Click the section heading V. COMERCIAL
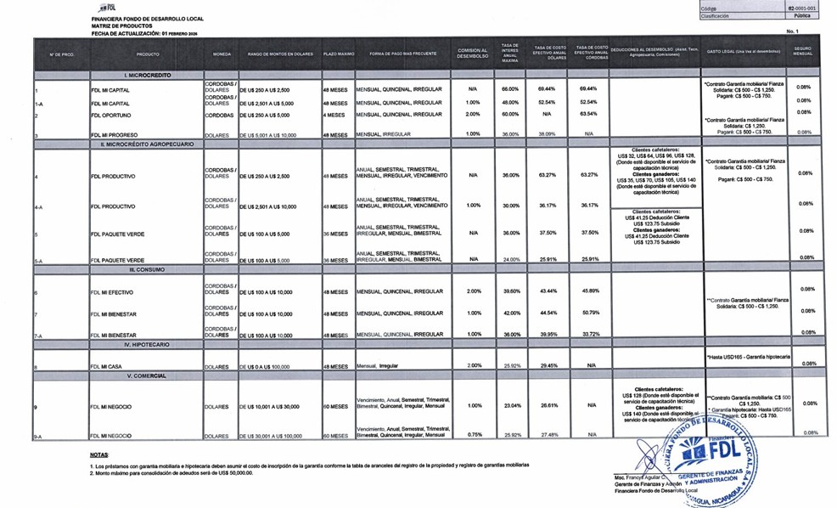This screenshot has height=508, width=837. (140, 375)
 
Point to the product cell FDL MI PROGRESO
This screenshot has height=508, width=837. (115, 134)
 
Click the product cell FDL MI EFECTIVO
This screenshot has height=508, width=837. (114, 292)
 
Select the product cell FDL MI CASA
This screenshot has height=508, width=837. (108, 364)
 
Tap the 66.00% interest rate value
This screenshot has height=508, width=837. (509, 88)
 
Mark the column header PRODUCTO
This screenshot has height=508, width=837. (148, 54)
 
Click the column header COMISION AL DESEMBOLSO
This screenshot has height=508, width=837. (472, 53)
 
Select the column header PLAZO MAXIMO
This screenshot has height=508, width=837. (338, 54)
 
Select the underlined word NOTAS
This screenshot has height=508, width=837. (98, 455)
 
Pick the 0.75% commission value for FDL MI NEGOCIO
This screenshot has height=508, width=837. (472, 434)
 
